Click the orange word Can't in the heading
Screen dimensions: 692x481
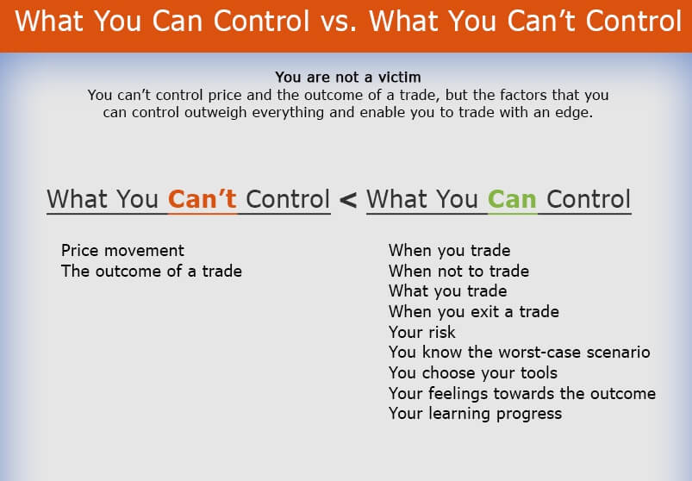pyautogui.click(x=203, y=199)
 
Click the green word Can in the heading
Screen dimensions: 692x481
pyautogui.click(x=512, y=199)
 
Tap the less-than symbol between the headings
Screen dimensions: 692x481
pyautogui.click(x=348, y=200)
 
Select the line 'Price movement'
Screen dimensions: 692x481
pyautogui.click(x=122, y=250)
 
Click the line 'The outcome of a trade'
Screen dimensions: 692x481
pyautogui.click(x=152, y=271)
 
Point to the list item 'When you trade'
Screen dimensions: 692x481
pyautogui.click(x=449, y=251)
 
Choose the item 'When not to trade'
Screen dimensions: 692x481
pyautogui.click(x=458, y=271)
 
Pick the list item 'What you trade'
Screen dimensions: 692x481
pyautogui.click(x=447, y=291)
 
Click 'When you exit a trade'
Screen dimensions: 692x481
pyautogui.click(x=474, y=311)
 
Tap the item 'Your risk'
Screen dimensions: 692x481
pyautogui.click(x=422, y=332)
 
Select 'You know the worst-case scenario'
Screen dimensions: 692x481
pyautogui.click(x=520, y=353)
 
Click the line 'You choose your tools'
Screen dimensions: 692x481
pyautogui.click(x=472, y=373)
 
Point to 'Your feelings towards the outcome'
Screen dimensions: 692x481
pyautogui.click(x=522, y=393)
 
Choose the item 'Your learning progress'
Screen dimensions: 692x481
pyautogui.click(x=476, y=414)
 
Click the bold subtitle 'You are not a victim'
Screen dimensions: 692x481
pyautogui.click(x=348, y=78)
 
